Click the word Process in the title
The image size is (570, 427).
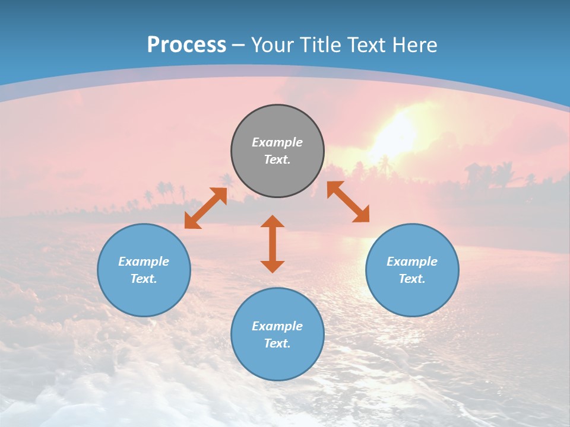186,45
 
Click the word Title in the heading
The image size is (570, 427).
320,45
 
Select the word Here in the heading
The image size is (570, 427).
415,45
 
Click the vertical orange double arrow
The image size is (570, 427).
273,244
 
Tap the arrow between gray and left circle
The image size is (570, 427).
205,208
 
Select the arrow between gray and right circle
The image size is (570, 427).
349,202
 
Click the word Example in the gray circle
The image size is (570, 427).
277,142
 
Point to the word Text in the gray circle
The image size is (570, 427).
277,160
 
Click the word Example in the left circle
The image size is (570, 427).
144,262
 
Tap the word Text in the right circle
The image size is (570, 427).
412,279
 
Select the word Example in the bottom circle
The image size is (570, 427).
277,326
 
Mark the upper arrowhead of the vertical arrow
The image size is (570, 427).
273,222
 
